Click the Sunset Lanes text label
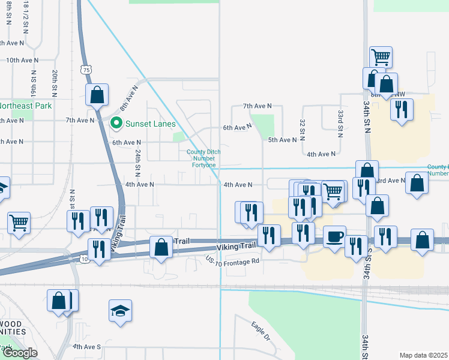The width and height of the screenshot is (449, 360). [x=150, y=124]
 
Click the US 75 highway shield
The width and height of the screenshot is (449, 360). [x=87, y=70]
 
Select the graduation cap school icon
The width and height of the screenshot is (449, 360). [x=120, y=311]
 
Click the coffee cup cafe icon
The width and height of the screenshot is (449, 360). [x=334, y=236]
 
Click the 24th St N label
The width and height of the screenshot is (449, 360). [x=137, y=161]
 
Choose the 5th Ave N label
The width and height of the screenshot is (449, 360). [x=282, y=140]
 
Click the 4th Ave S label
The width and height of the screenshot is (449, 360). [x=86, y=347]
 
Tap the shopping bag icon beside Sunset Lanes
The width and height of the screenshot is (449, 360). [x=97, y=94]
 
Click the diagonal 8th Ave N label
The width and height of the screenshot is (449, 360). [x=128, y=96]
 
